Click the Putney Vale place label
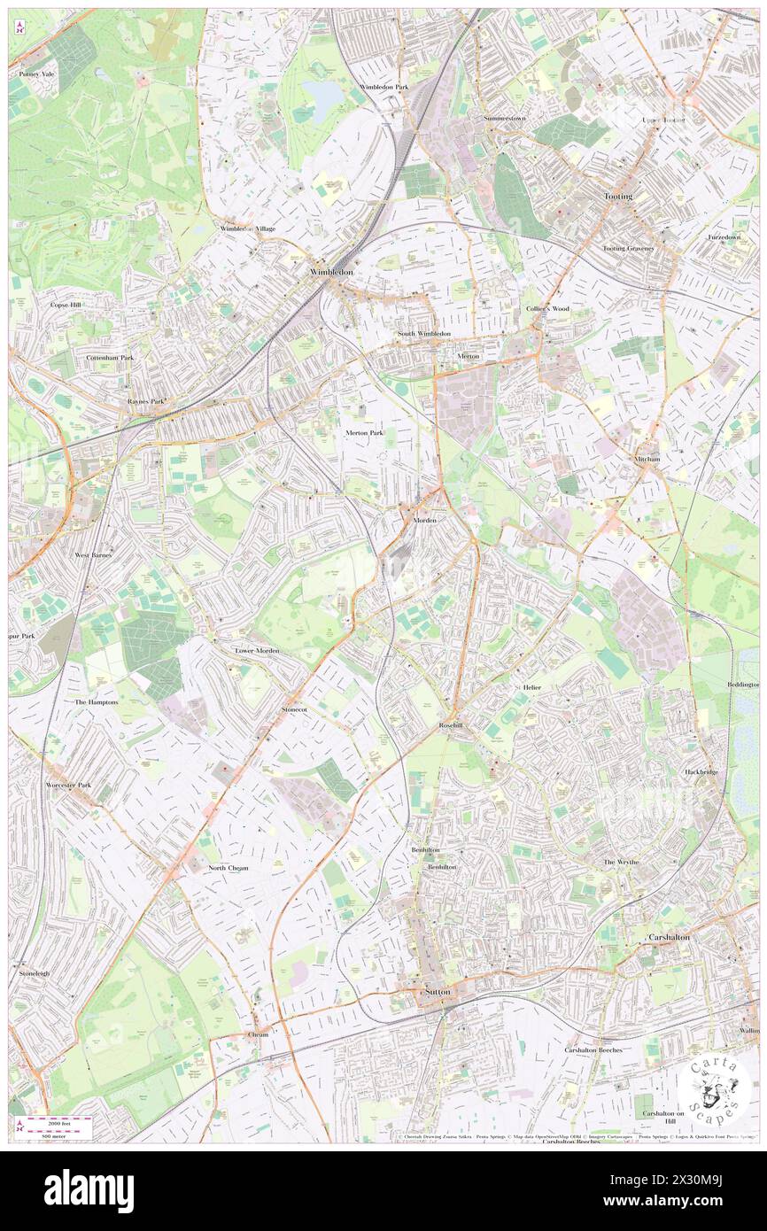click(x=36, y=74)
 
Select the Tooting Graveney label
click(x=628, y=248)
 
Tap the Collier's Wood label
click(x=547, y=308)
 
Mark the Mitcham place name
click(x=647, y=460)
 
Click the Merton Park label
click(x=364, y=432)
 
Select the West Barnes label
click(x=93, y=554)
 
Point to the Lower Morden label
click(x=257, y=650)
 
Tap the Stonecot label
click(x=294, y=709)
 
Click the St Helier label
click(x=528, y=686)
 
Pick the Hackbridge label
click(x=701, y=771)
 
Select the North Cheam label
click(x=229, y=868)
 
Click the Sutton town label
click(x=438, y=992)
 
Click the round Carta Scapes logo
click(x=714, y=1089)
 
